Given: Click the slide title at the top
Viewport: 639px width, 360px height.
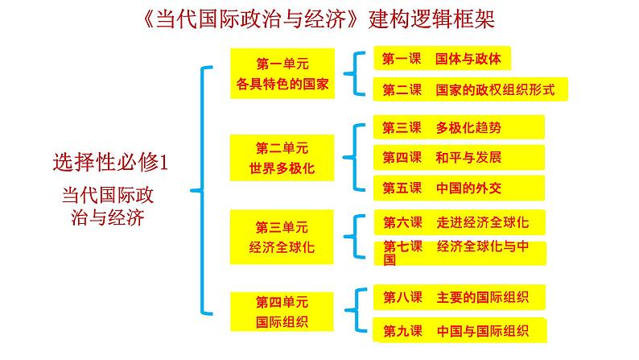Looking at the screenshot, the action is pos(319,18).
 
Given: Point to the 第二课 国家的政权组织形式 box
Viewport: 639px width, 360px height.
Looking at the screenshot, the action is pos(470,89).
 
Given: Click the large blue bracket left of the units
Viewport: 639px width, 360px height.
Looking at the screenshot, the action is pos(201,191).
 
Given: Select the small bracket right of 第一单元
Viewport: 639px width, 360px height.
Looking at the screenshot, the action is pos(352,73).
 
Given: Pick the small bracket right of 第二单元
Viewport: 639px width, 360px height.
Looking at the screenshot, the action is pos(352,157).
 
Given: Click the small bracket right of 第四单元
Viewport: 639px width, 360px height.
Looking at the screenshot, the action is pos(352,312).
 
